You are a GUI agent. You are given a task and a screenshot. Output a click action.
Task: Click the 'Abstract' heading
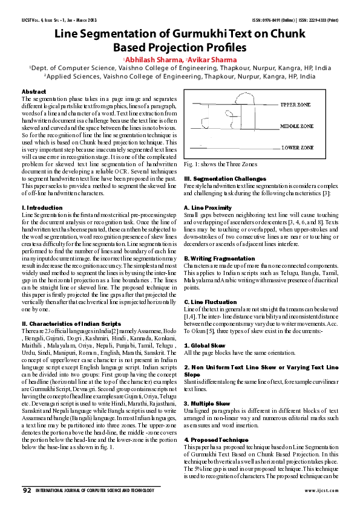tap(34, 91)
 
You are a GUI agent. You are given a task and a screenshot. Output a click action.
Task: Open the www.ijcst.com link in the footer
tap(321, 490)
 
